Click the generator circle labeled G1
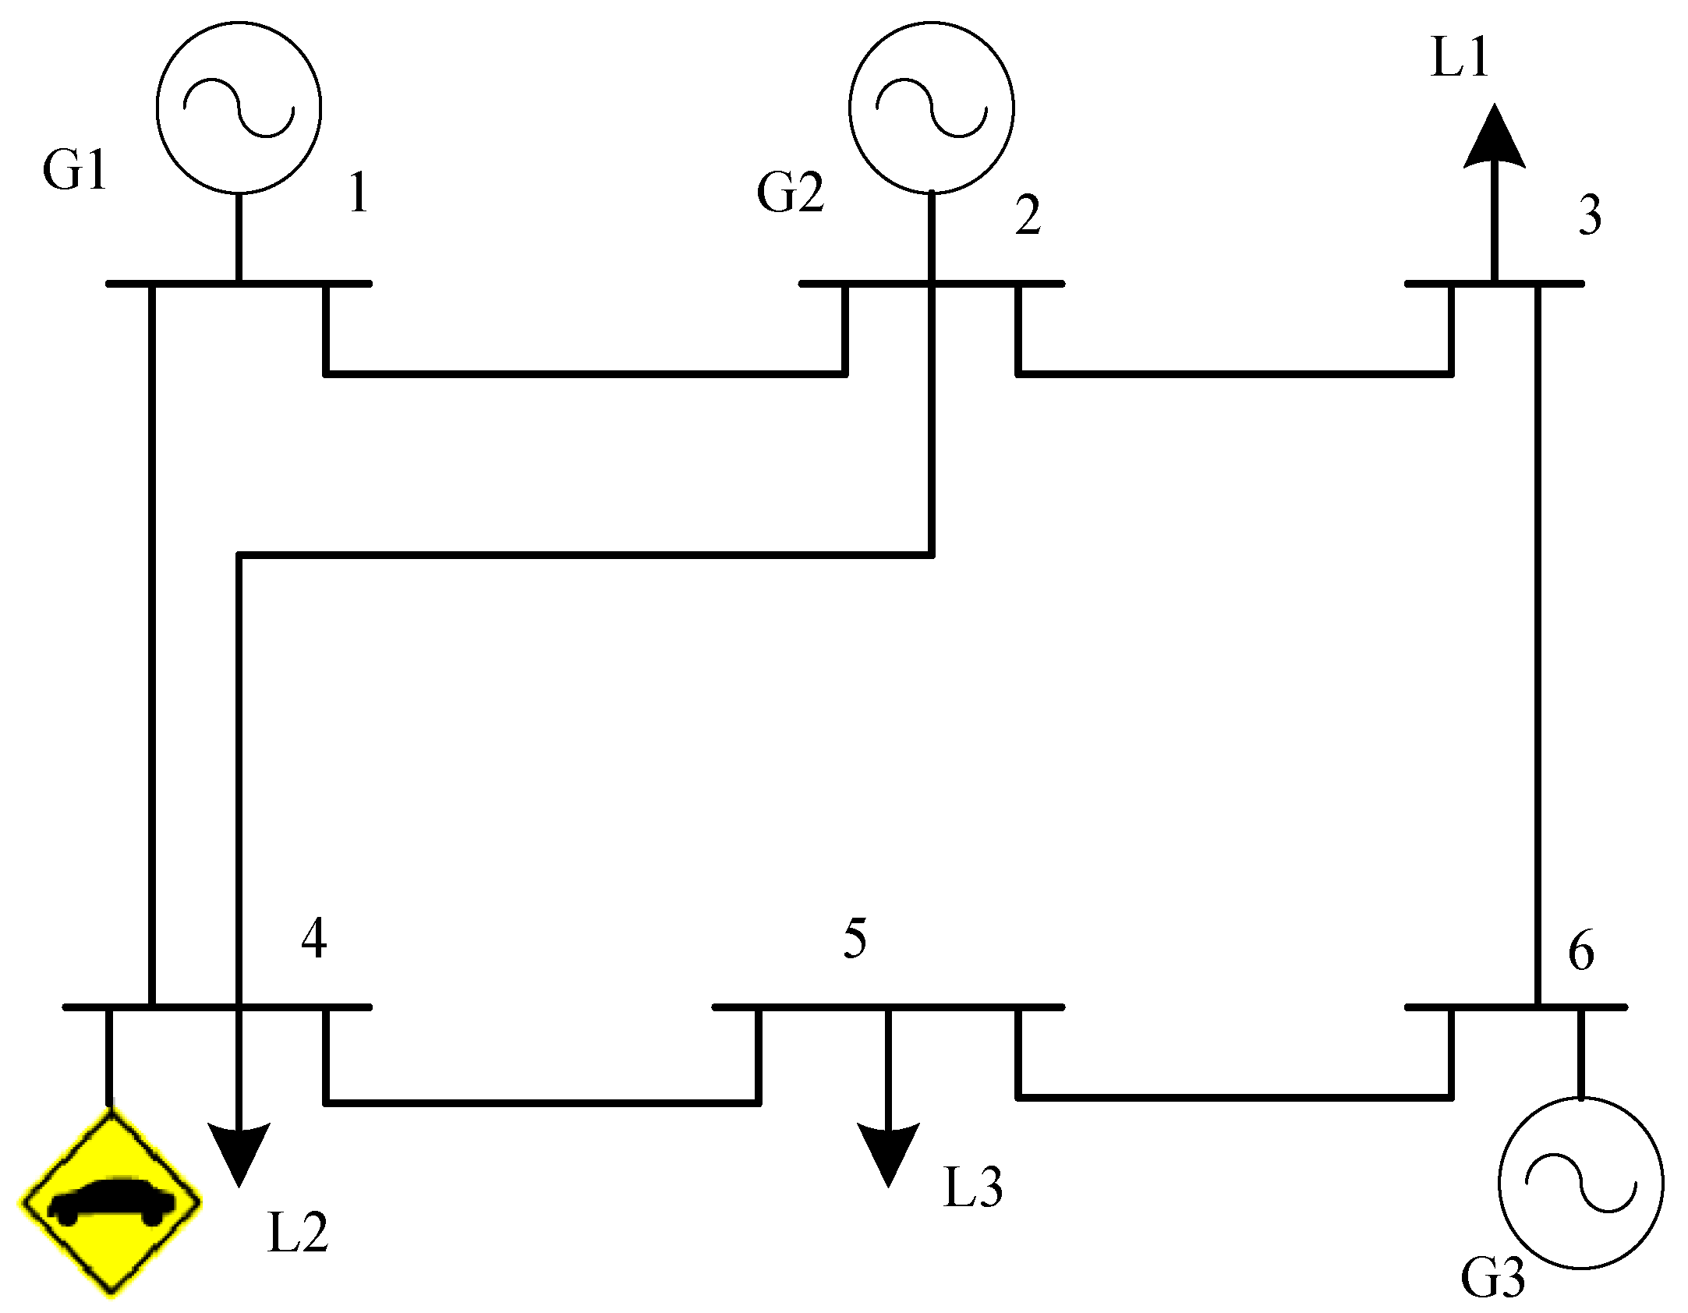(239, 108)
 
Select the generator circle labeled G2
(931, 108)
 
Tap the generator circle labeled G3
(1581, 1182)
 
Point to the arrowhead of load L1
(1494, 139)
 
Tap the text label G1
(75, 170)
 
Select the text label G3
(1492, 1278)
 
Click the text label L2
(298, 1233)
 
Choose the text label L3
(972, 1187)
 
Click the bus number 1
(359, 193)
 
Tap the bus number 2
(1028, 215)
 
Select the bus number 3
(1590, 215)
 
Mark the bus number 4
(314, 938)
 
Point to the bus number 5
(855, 938)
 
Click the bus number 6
(1580, 951)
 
